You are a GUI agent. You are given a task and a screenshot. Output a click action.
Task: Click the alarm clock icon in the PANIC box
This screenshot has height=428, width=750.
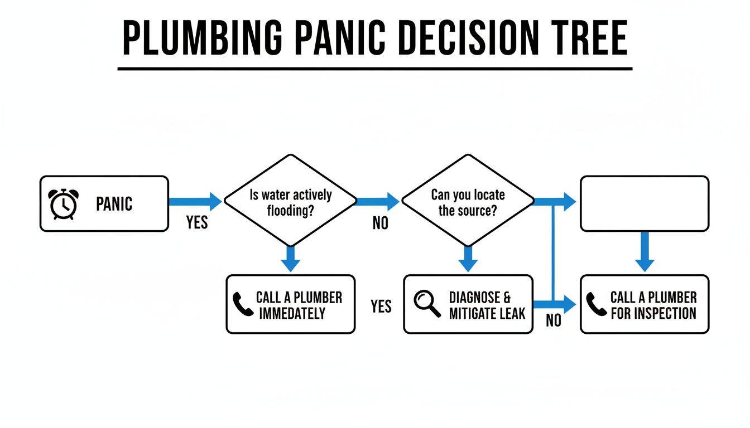tap(64, 203)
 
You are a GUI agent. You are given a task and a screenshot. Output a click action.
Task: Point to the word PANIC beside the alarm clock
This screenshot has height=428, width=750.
tap(114, 204)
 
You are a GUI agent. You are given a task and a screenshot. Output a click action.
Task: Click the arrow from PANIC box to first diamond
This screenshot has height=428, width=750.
tap(195, 201)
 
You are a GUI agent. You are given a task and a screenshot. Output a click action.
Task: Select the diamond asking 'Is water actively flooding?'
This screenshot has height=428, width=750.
tap(290, 201)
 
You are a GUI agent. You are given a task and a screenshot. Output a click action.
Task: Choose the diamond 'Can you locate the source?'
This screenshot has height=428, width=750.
tap(468, 201)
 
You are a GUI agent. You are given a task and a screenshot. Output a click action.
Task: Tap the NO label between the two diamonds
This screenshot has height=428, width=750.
tap(380, 223)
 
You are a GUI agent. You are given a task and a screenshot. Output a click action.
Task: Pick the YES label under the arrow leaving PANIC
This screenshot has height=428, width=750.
tap(197, 223)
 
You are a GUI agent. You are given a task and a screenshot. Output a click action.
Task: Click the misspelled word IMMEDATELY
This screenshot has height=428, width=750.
tap(292, 313)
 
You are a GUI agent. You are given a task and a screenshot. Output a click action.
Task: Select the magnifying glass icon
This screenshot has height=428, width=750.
tap(427, 304)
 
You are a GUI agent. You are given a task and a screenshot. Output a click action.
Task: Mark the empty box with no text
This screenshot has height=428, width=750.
tap(645, 203)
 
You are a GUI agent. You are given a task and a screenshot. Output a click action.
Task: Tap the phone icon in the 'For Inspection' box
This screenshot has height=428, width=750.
tap(597, 304)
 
